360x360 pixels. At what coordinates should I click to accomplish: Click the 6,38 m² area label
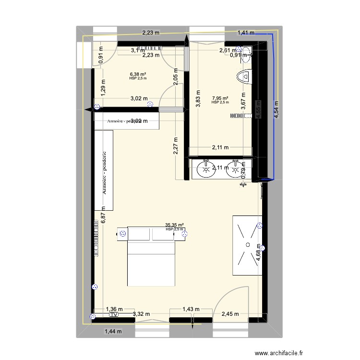(x=138, y=74)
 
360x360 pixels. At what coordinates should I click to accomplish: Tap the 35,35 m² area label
(x=175, y=225)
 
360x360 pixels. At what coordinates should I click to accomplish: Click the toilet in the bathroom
(x=245, y=76)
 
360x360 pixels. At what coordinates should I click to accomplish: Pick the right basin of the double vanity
(x=236, y=169)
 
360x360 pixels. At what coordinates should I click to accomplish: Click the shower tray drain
(x=247, y=245)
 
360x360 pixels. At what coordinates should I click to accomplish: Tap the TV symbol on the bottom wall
(x=114, y=315)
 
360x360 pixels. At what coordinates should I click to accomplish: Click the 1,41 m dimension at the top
(x=246, y=33)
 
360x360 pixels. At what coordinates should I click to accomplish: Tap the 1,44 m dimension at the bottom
(x=113, y=331)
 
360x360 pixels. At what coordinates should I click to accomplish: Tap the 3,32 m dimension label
(x=141, y=314)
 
